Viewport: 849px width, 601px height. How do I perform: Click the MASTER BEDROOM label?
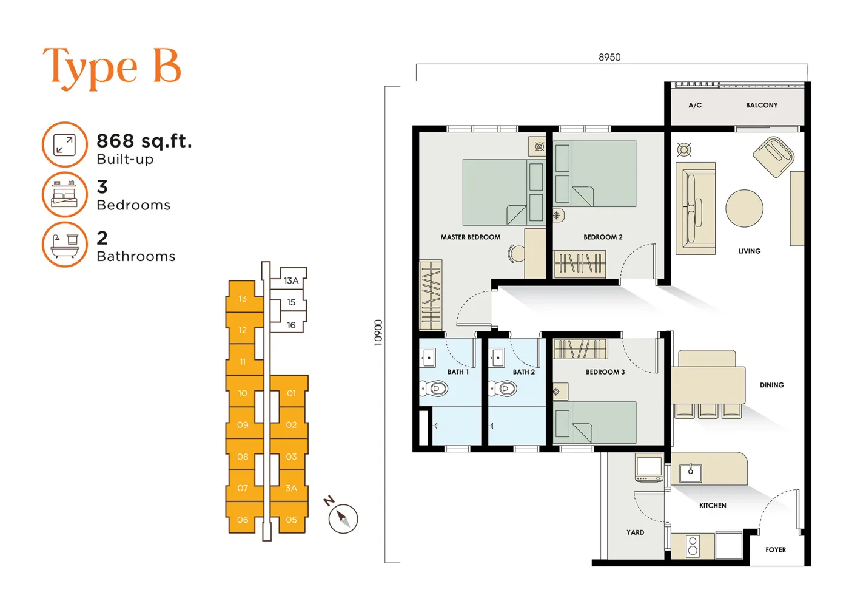pyautogui.click(x=471, y=237)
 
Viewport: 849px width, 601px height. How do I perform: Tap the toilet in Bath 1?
pyautogui.click(x=434, y=389)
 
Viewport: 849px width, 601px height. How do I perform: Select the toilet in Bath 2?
pyautogui.click(x=503, y=389)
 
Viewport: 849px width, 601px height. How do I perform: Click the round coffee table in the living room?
pyautogui.click(x=745, y=208)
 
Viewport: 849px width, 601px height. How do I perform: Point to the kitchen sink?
pyautogui.click(x=690, y=473)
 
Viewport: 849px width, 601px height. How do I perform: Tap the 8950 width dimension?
pyautogui.click(x=609, y=57)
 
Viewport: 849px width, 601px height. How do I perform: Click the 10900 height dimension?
pyautogui.click(x=378, y=333)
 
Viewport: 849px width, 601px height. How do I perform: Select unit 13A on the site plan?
pyautogui.click(x=290, y=280)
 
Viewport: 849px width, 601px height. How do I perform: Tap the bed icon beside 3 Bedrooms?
pyautogui.click(x=65, y=194)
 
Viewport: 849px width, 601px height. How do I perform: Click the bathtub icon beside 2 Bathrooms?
pyautogui.click(x=65, y=245)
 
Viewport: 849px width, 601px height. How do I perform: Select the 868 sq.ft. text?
pyautogui.click(x=144, y=141)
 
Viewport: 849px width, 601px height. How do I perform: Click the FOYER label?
pyautogui.click(x=776, y=550)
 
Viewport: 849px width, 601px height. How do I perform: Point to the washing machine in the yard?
pyautogui.click(x=649, y=468)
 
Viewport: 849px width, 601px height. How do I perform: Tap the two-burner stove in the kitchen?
pyautogui.click(x=693, y=546)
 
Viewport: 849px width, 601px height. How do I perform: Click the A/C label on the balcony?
pyautogui.click(x=695, y=106)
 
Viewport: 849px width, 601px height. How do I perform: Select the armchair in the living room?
pyautogui.click(x=774, y=157)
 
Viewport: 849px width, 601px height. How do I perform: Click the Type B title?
pyautogui.click(x=112, y=68)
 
